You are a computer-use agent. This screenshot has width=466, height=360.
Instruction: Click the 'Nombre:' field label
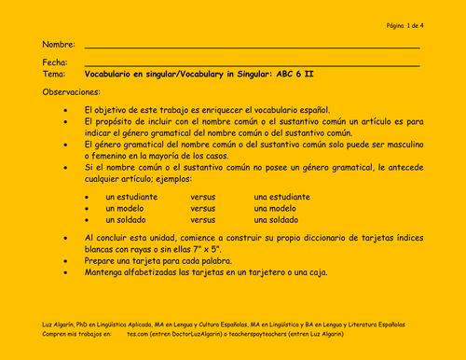pos(59,44)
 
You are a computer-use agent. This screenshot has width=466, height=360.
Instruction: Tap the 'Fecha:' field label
pos(56,62)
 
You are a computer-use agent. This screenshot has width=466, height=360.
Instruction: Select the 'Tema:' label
pos(54,73)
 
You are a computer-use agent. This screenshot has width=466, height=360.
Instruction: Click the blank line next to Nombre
pos(252,47)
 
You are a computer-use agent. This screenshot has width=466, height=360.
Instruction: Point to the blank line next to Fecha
pos(252,64)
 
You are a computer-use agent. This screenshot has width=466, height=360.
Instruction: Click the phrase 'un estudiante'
pos(131,197)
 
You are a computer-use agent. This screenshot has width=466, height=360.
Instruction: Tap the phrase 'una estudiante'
pos(281,197)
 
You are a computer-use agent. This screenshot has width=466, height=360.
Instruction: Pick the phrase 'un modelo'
pos(125,208)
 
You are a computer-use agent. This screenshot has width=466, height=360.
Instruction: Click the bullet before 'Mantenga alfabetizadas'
pos(64,274)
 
